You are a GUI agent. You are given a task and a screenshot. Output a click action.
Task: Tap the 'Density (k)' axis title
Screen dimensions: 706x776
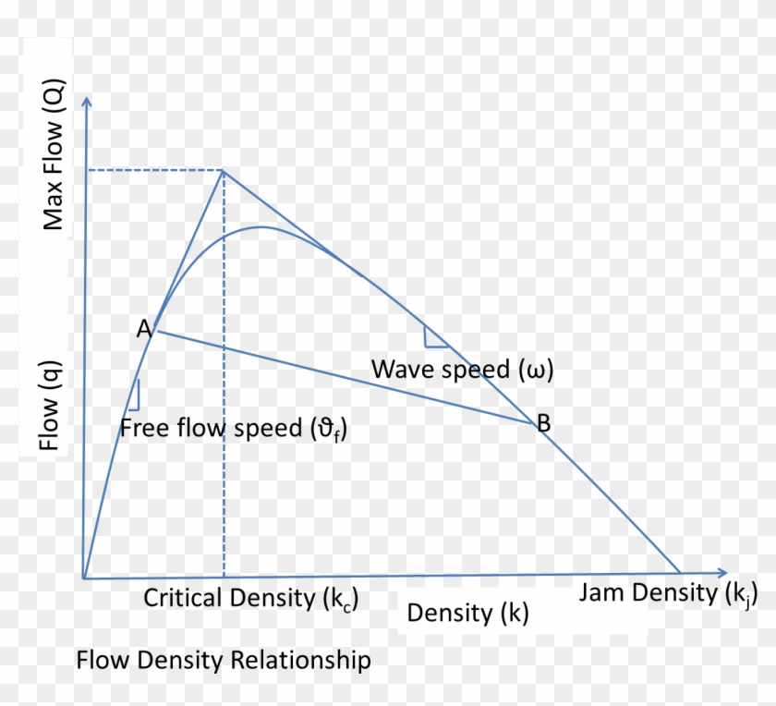click(468, 613)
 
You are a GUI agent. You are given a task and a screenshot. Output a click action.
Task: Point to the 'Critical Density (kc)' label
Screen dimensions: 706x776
click(249, 599)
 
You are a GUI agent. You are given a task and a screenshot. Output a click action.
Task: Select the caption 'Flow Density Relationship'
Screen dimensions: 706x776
click(224, 661)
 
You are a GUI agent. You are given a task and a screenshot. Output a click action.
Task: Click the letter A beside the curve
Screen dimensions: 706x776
click(143, 328)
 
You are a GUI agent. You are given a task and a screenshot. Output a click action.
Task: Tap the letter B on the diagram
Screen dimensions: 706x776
click(544, 424)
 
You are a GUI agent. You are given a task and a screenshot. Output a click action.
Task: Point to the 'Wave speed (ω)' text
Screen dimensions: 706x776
click(462, 370)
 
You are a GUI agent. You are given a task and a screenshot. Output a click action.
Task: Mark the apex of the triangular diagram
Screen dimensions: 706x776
click(223, 170)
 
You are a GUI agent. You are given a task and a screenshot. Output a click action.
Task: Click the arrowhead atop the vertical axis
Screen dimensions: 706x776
click(86, 99)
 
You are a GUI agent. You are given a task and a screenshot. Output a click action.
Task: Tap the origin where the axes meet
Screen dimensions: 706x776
click(85, 578)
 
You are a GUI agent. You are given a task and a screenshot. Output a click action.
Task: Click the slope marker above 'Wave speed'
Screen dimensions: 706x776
click(435, 337)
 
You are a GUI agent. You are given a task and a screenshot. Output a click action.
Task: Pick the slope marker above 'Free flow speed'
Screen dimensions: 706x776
click(134, 396)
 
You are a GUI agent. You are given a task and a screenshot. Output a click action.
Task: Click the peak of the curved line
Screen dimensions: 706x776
click(262, 226)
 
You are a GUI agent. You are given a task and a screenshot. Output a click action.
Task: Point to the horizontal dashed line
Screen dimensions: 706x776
click(153, 170)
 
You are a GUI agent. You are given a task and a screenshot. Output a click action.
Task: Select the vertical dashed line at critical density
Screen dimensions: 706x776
click(223, 462)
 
